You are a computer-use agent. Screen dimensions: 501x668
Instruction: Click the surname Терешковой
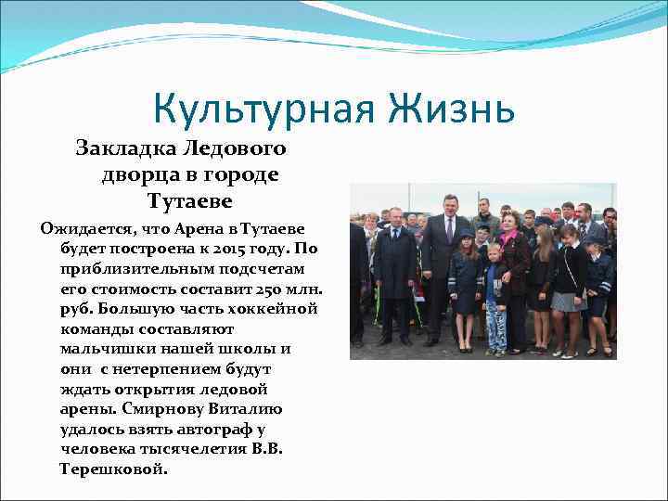point(114,469)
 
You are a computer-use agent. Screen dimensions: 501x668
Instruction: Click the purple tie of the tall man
point(450,229)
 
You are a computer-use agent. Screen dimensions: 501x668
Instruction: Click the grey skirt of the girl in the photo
point(565,302)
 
